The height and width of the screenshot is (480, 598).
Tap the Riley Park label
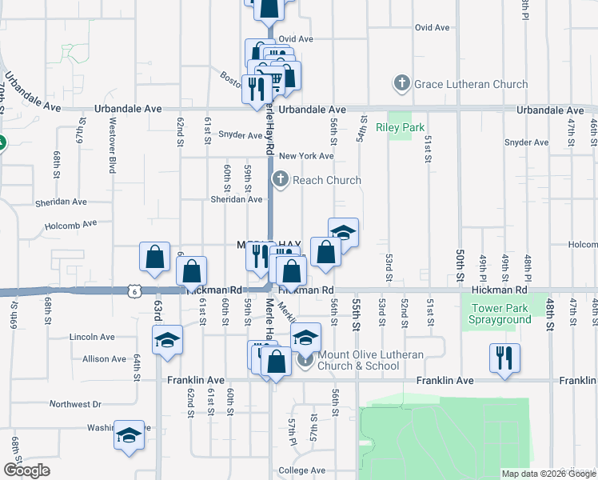(406, 127)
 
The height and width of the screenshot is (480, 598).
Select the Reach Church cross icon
(280, 180)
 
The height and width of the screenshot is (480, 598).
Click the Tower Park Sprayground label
(501, 314)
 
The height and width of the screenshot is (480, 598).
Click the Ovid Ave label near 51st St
(432, 27)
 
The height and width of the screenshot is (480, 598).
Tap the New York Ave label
(305, 156)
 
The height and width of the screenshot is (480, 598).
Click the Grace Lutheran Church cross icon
(401, 83)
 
